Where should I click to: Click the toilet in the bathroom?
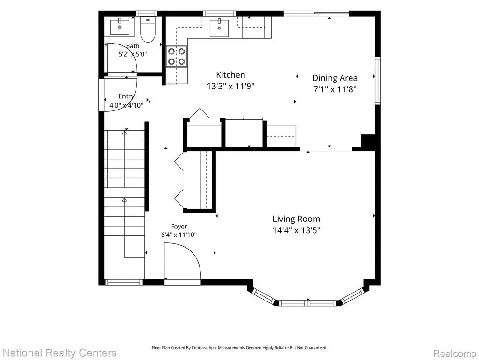[148, 29]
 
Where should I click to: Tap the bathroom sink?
[120, 26]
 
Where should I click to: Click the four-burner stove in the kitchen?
[177, 56]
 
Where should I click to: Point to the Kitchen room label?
[230, 75]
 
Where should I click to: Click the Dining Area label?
[335, 78]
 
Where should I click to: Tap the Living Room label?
[296, 219]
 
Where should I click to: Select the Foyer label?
[179, 227]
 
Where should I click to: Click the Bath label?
[133, 46]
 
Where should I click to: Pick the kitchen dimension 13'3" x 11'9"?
[231, 86]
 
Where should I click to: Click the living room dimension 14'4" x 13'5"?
[296, 230]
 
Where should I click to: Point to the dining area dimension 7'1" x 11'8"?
[335, 89]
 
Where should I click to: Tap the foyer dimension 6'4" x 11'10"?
[179, 235]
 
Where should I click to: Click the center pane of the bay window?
[308, 303]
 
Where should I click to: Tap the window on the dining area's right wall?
[378, 81]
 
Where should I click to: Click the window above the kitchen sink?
[219, 14]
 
